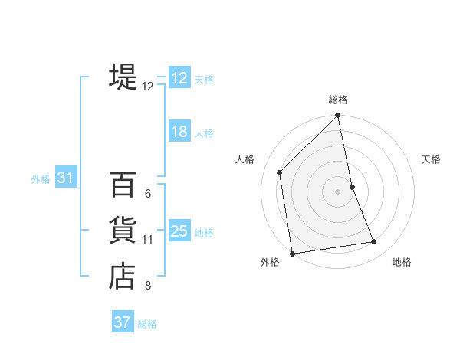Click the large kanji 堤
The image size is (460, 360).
pyautogui.click(x=123, y=77)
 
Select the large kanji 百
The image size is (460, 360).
pyautogui.click(x=123, y=183)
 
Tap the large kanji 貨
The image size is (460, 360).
pyautogui.click(x=123, y=230)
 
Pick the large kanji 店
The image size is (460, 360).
pyautogui.click(x=123, y=277)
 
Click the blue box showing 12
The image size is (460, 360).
pyautogui.click(x=179, y=78)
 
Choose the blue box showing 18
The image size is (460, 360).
pyautogui.click(x=179, y=132)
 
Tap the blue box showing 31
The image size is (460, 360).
pyautogui.click(x=65, y=178)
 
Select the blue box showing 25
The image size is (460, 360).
pyautogui.click(x=179, y=231)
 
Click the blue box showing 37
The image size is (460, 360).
pyautogui.click(x=122, y=322)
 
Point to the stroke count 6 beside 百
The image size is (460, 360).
pyautogui.click(x=147, y=193)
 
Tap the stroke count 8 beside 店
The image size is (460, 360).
pyautogui.click(x=147, y=286)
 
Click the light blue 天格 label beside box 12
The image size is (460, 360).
pyautogui.click(x=204, y=80)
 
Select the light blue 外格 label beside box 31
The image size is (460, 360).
pyautogui.click(x=41, y=179)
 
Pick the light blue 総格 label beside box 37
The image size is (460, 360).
pyautogui.click(x=147, y=324)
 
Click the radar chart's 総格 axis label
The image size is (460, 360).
pyautogui.click(x=338, y=100)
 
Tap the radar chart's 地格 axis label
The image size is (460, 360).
pyautogui.click(x=402, y=262)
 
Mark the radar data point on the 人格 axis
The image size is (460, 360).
pyautogui.click(x=280, y=172)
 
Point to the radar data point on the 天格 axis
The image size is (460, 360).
pyautogui.click(x=352, y=187)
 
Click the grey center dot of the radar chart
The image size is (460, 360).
pyautogui.click(x=338, y=191)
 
